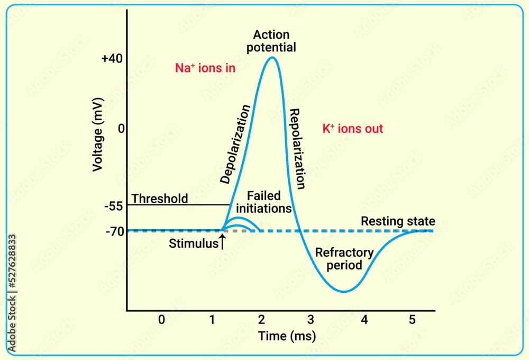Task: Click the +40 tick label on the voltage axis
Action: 112,58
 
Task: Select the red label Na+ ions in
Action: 205,68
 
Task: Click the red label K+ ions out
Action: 352,129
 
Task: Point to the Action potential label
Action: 274,41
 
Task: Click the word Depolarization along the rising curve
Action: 235,144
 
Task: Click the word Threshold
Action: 160,199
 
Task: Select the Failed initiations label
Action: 263,202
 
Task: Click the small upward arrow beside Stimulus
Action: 223,242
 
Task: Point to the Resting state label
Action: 398,221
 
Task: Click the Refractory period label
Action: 344,259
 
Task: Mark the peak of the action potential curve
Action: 272,57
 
